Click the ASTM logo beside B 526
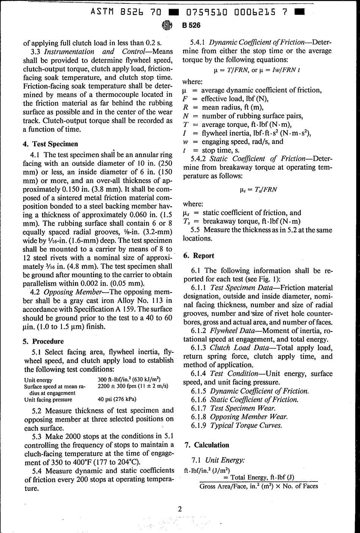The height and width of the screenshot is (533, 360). [x=167, y=25]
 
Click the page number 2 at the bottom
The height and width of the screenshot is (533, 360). [x=180, y=509]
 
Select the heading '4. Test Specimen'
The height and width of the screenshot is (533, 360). [x=50, y=144]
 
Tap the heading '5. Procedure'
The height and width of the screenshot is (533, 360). [x=43, y=341]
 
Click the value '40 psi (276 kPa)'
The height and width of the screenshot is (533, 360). [x=117, y=399]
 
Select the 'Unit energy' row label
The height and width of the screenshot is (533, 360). [x=38, y=380]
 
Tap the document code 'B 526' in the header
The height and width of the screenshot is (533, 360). [x=191, y=26]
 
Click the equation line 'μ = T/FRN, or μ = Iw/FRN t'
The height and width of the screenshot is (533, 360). [x=257, y=70]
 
